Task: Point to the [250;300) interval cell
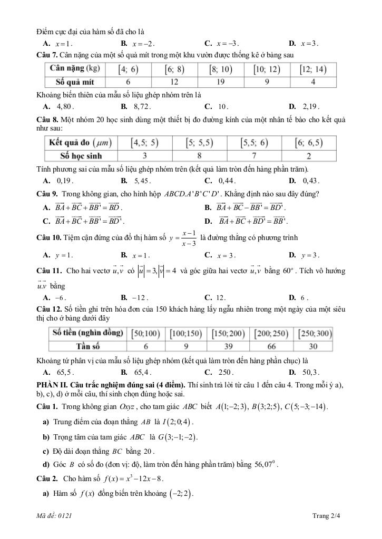pos(315,334)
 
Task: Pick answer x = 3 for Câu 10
pos(227,255)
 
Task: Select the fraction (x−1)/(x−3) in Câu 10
pos(189,238)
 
